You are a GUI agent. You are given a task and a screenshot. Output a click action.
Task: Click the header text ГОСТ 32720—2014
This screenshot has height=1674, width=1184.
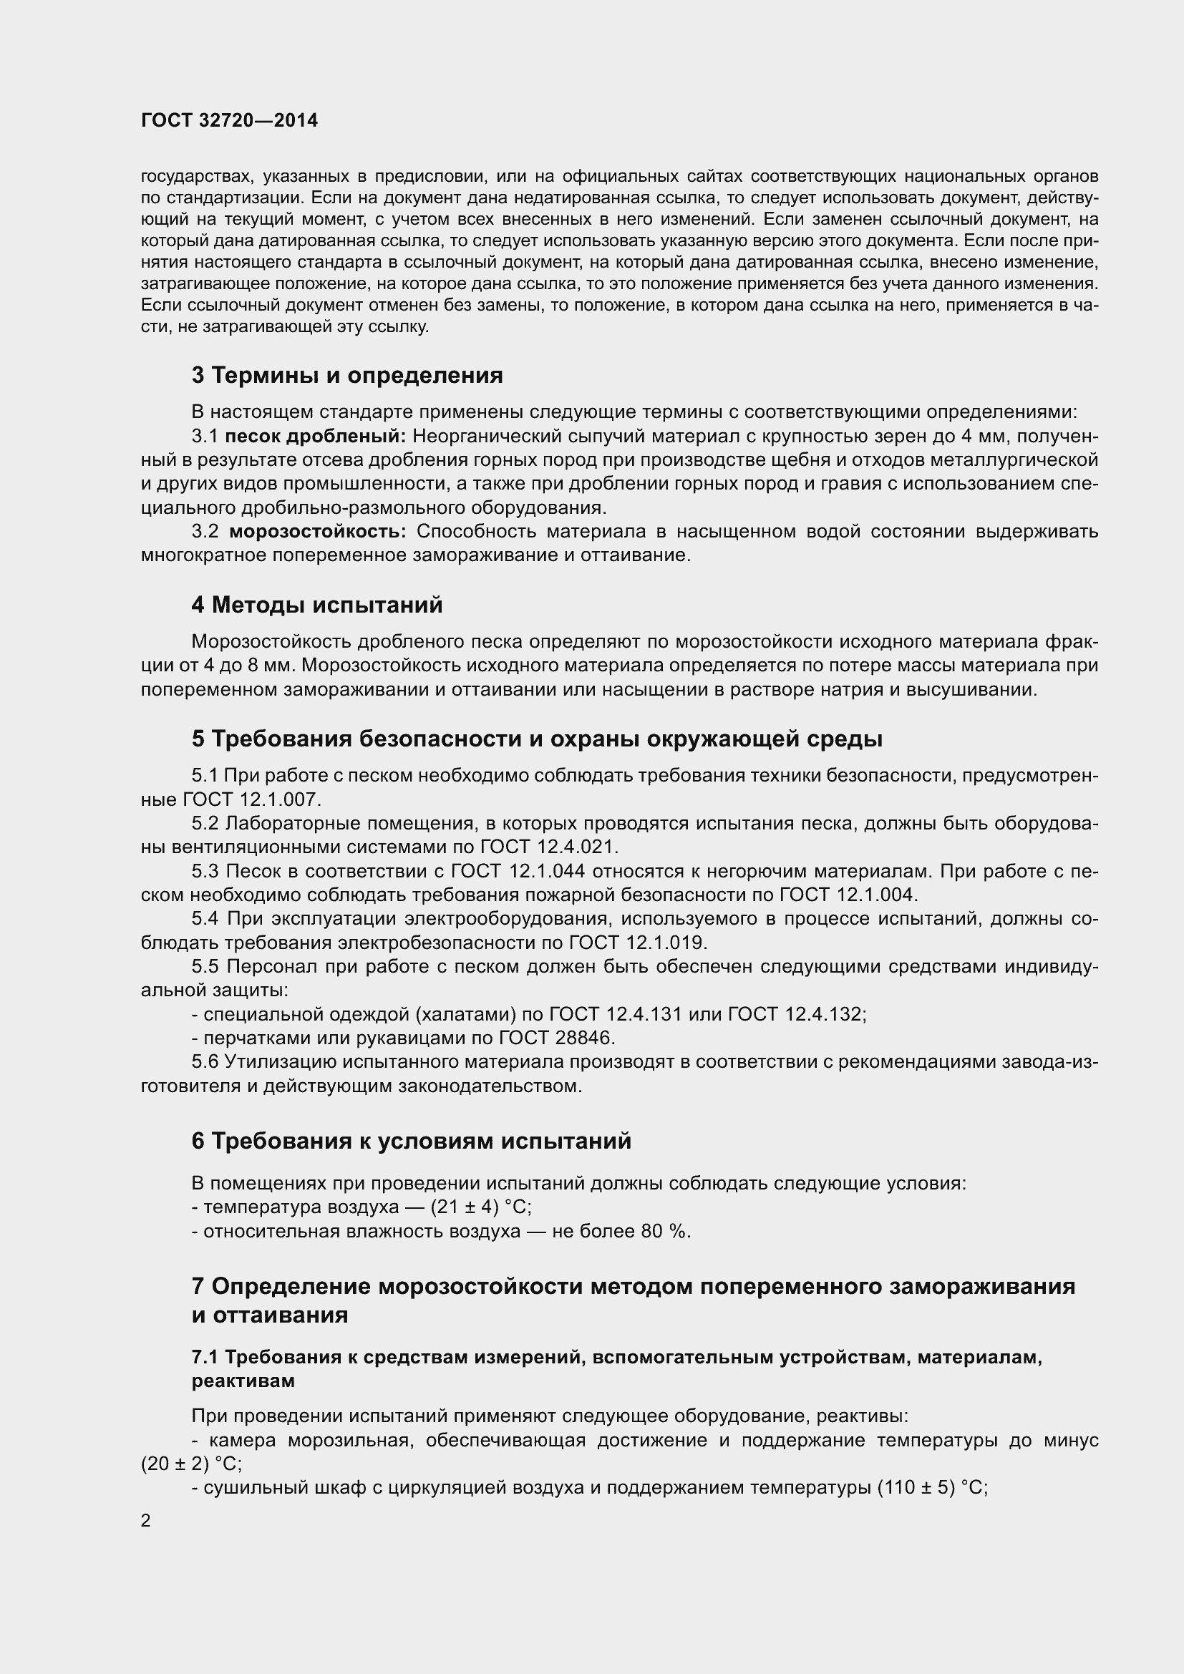point(229,121)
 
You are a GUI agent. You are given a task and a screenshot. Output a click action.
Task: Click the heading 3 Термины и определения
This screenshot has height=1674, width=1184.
point(347,376)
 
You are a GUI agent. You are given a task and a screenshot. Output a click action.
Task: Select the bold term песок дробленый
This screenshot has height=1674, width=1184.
point(315,436)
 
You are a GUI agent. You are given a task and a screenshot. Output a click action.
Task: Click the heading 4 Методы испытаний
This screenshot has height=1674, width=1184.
point(317,605)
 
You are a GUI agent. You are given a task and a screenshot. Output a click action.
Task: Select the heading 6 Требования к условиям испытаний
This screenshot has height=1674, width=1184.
point(411,1141)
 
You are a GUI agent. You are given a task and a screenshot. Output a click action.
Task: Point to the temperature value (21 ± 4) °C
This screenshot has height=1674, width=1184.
point(480,1207)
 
